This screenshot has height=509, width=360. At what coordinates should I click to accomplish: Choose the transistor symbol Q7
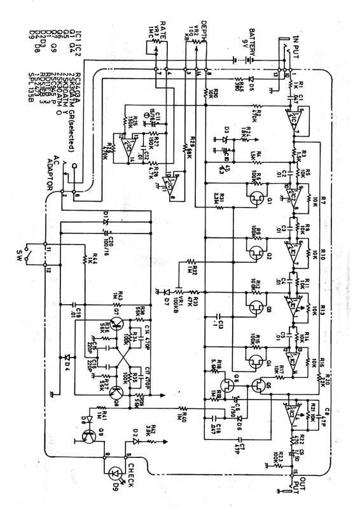click(x=114, y=326)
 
